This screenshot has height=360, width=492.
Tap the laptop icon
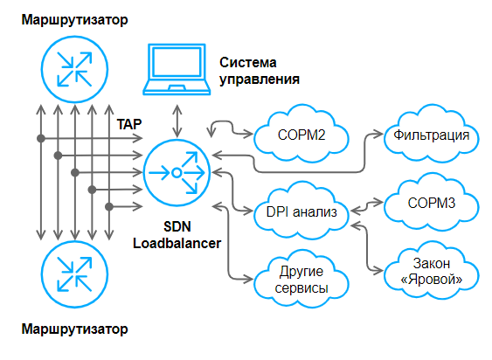(176, 70)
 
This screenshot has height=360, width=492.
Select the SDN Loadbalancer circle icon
(177, 172)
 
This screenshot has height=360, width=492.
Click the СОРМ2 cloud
(301, 136)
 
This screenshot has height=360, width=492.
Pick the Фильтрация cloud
(432, 136)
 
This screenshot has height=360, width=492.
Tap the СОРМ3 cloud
(432, 203)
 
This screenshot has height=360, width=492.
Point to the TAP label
(128, 123)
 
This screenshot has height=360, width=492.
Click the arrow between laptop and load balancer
(177, 116)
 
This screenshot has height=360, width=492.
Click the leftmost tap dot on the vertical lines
(40, 138)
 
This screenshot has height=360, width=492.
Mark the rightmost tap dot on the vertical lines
(108, 206)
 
